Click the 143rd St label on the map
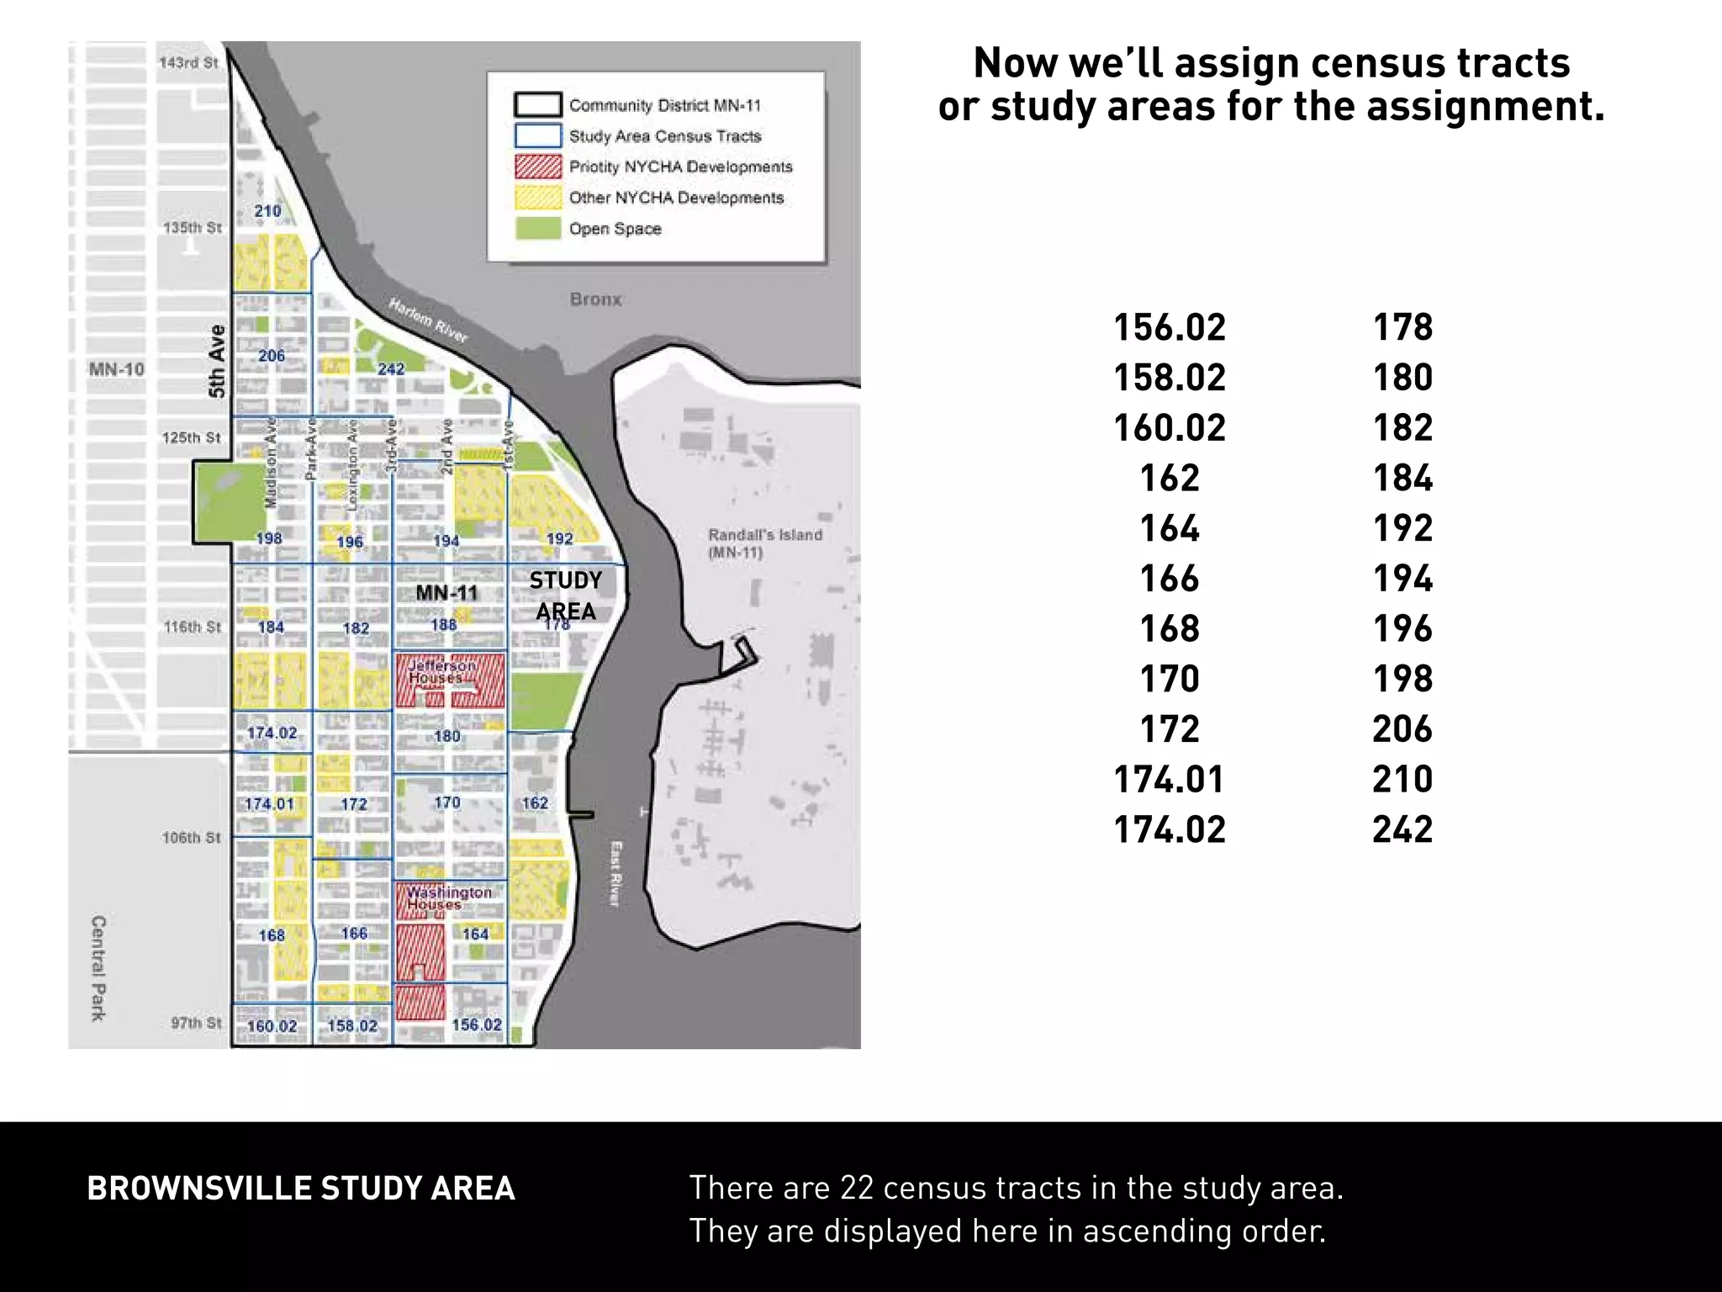click(188, 62)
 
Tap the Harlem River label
click(428, 320)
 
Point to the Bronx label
click(595, 299)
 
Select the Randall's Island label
click(764, 543)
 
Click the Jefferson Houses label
click(441, 671)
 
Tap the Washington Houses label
click(449, 898)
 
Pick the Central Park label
click(98, 968)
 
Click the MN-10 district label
click(117, 369)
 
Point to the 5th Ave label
click(217, 361)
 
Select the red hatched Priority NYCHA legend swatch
click(537, 167)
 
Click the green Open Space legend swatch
click(537, 228)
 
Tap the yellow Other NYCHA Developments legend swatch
click(537, 198)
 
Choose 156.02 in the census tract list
click(1170, 327)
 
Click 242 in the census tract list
click(1402, 829)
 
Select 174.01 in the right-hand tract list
click(1170, 779)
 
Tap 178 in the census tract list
click(1402, 327)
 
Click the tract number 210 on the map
click(267, 211)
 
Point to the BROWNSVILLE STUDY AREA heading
click(301, 1189)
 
